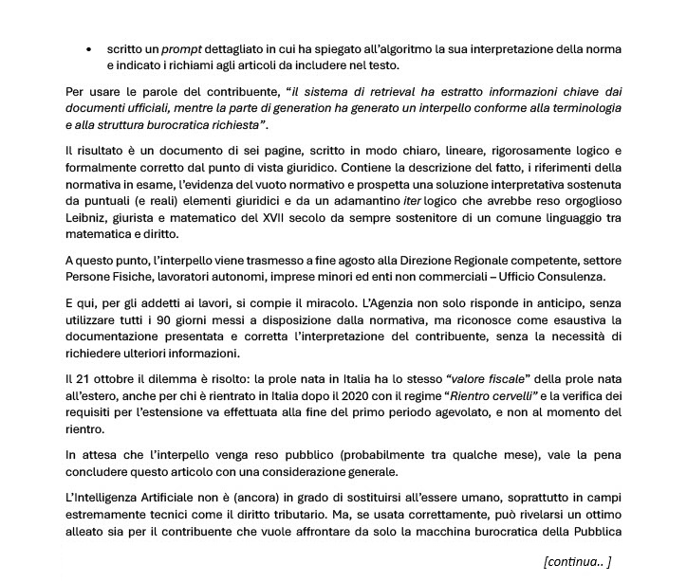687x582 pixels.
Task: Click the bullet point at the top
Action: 88,47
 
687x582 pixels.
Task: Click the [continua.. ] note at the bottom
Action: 577,561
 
